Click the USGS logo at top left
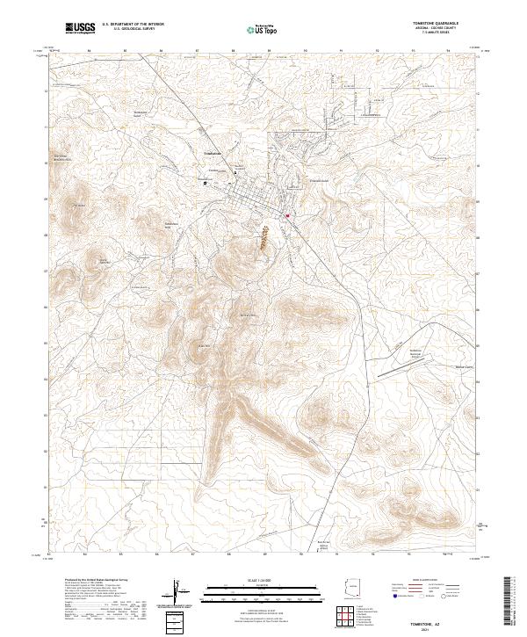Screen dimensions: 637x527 point(81,28)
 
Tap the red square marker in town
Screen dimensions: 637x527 point(286,214)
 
